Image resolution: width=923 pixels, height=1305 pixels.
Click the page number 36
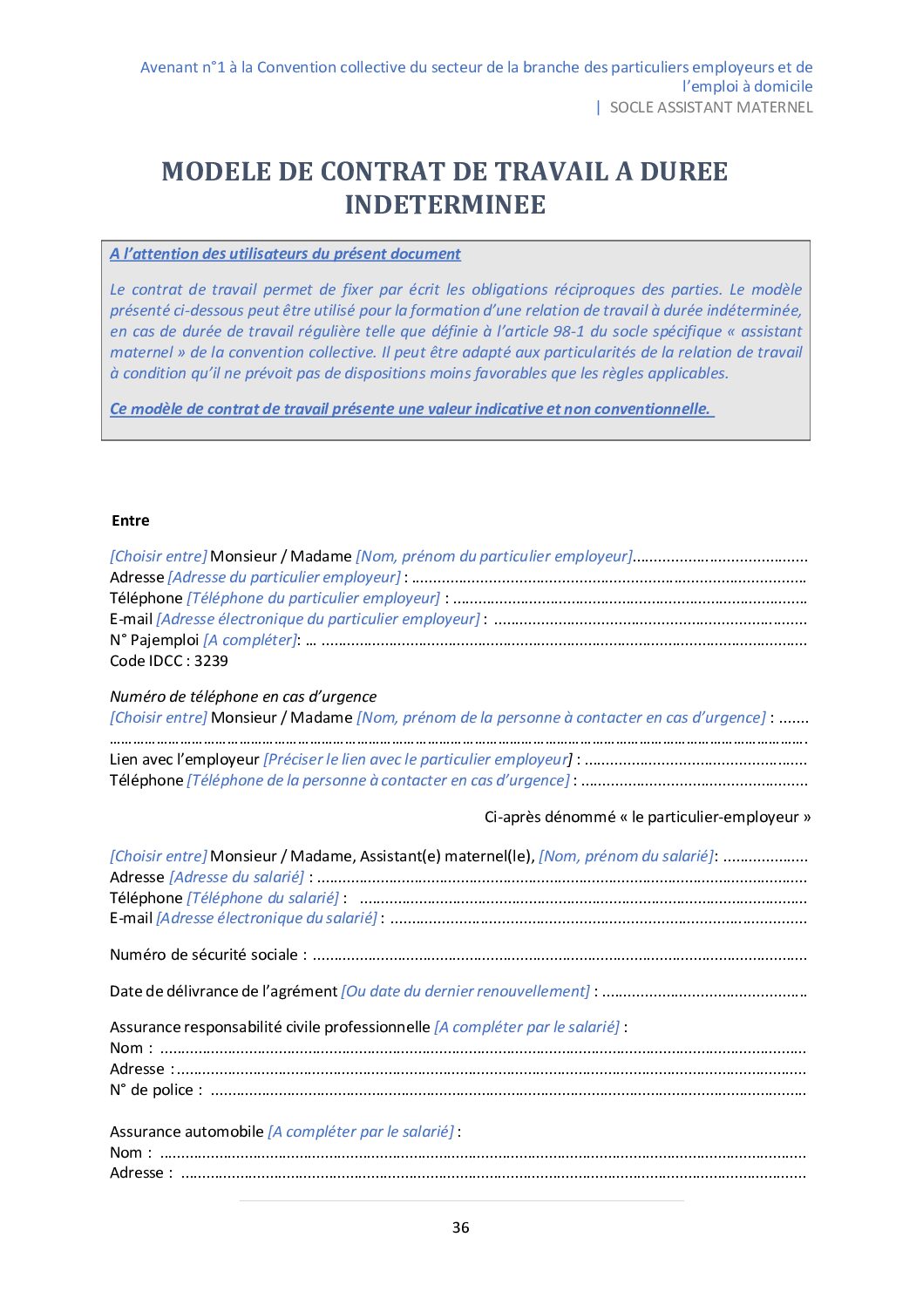[460, 1227]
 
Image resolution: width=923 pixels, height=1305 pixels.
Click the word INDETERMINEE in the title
[445, 205]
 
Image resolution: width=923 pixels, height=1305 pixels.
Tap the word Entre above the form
[131, 520]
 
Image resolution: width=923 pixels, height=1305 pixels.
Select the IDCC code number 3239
[211, 661]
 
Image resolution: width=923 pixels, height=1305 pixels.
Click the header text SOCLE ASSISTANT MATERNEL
[710, 107]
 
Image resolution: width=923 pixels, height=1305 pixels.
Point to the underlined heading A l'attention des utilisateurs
[285, 254]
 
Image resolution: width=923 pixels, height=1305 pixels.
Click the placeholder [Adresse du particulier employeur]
[284, 577]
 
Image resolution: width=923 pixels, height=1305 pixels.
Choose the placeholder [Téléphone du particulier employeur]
[314, 598]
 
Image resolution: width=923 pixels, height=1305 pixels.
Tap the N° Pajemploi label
[154, 640]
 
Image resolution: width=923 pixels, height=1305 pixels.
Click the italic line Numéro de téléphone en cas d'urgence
[243, 697]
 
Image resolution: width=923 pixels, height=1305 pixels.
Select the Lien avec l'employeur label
[185, 759]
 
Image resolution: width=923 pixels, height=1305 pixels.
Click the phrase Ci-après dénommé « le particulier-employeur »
[648, 817]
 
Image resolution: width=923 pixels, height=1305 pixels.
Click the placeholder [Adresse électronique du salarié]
[267, 918]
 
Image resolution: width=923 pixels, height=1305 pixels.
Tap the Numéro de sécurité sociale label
[204, 955]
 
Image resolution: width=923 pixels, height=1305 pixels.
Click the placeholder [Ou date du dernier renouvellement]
[465, 991]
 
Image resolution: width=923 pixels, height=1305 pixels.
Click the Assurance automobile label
[187, 1132]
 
